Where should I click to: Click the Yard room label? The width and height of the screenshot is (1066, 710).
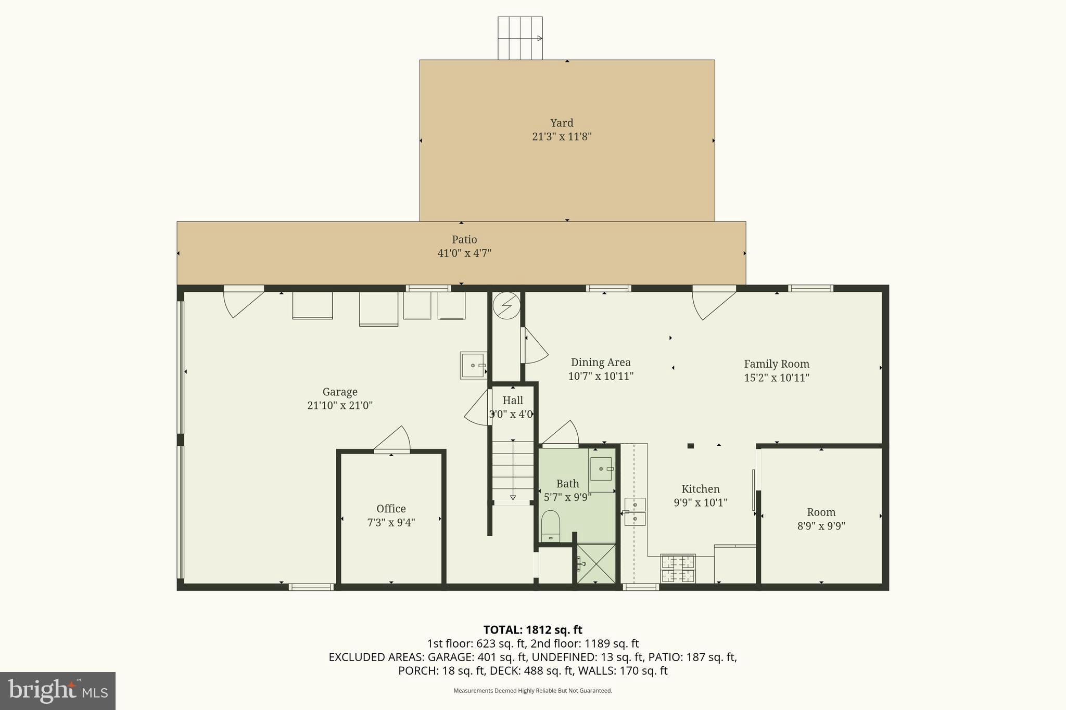point(562,123)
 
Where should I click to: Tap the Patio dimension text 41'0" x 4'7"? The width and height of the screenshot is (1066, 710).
point(464,253)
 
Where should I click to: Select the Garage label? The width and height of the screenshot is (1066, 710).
point(340,392)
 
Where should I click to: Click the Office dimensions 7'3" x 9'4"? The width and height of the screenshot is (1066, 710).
point(391,522)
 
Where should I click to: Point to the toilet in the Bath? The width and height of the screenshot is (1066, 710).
point(550,525)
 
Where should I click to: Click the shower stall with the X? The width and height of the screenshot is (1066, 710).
point(597,563)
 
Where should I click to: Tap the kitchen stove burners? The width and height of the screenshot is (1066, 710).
point(678,569)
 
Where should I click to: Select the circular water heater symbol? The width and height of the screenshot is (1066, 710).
point(506,305)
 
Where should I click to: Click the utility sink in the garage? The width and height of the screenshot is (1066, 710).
point(473,365)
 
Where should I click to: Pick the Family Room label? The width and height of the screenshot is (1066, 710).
point(776,364)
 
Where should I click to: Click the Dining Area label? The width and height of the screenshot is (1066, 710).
point(601,363)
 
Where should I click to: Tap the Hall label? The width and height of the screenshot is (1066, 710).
point(513,401)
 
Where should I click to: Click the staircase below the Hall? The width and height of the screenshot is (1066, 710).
point(513,471)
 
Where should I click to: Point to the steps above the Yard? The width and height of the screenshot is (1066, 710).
point(520,38)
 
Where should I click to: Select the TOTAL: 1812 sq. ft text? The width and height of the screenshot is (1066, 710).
point(532,630)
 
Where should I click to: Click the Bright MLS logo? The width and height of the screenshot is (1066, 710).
point(58,691)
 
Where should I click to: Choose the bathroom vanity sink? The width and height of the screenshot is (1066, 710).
point(601,469)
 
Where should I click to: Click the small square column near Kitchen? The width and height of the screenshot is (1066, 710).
point(691,446)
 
